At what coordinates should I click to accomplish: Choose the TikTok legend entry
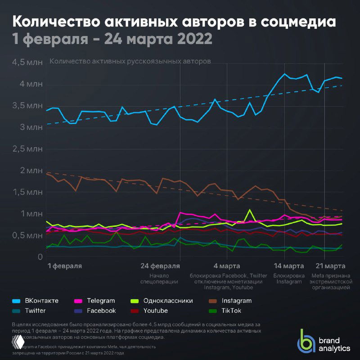[x=230, y=310]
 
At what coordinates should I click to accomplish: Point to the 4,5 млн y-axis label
[x=27, y=62]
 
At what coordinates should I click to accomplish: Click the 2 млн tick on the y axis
[x=31, y=171]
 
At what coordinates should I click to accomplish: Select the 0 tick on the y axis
[x=40, y=257]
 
